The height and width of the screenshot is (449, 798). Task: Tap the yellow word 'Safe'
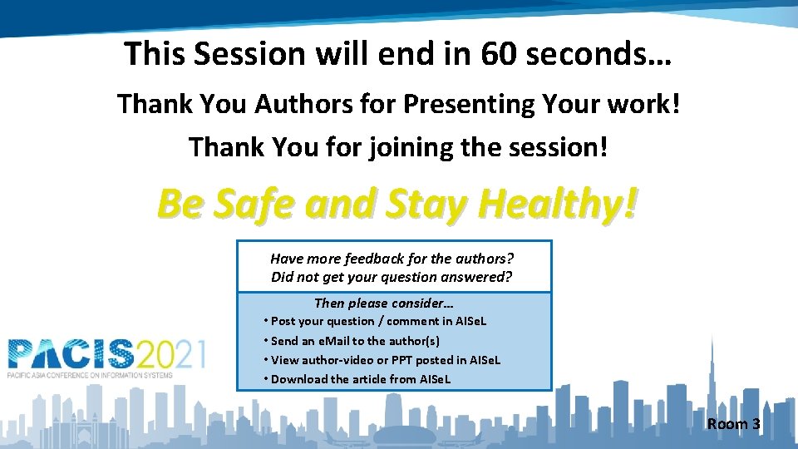click(254, 203)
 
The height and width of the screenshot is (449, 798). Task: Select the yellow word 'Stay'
click(422, 203)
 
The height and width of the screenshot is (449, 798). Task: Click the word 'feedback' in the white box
click(374, 259)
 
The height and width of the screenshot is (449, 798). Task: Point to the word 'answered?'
click(475, 277)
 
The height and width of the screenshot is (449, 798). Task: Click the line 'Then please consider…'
click(383, 303)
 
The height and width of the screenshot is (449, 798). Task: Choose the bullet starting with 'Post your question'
click(378, 321)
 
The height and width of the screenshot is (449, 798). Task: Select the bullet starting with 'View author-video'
click(386, 360)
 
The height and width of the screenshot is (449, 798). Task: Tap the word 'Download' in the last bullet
click(299, 379)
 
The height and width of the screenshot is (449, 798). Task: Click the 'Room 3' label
click(733, 424)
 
